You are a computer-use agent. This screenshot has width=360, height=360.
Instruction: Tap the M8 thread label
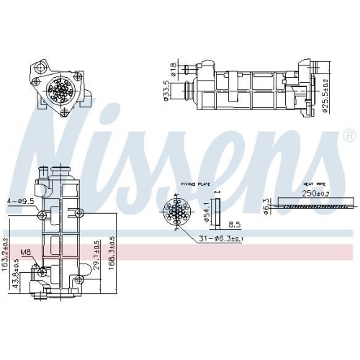tap(25, 252)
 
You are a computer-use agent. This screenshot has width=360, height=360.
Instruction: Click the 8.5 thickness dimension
tap(214, 223)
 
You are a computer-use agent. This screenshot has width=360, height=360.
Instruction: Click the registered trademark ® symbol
tap(349, 135)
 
